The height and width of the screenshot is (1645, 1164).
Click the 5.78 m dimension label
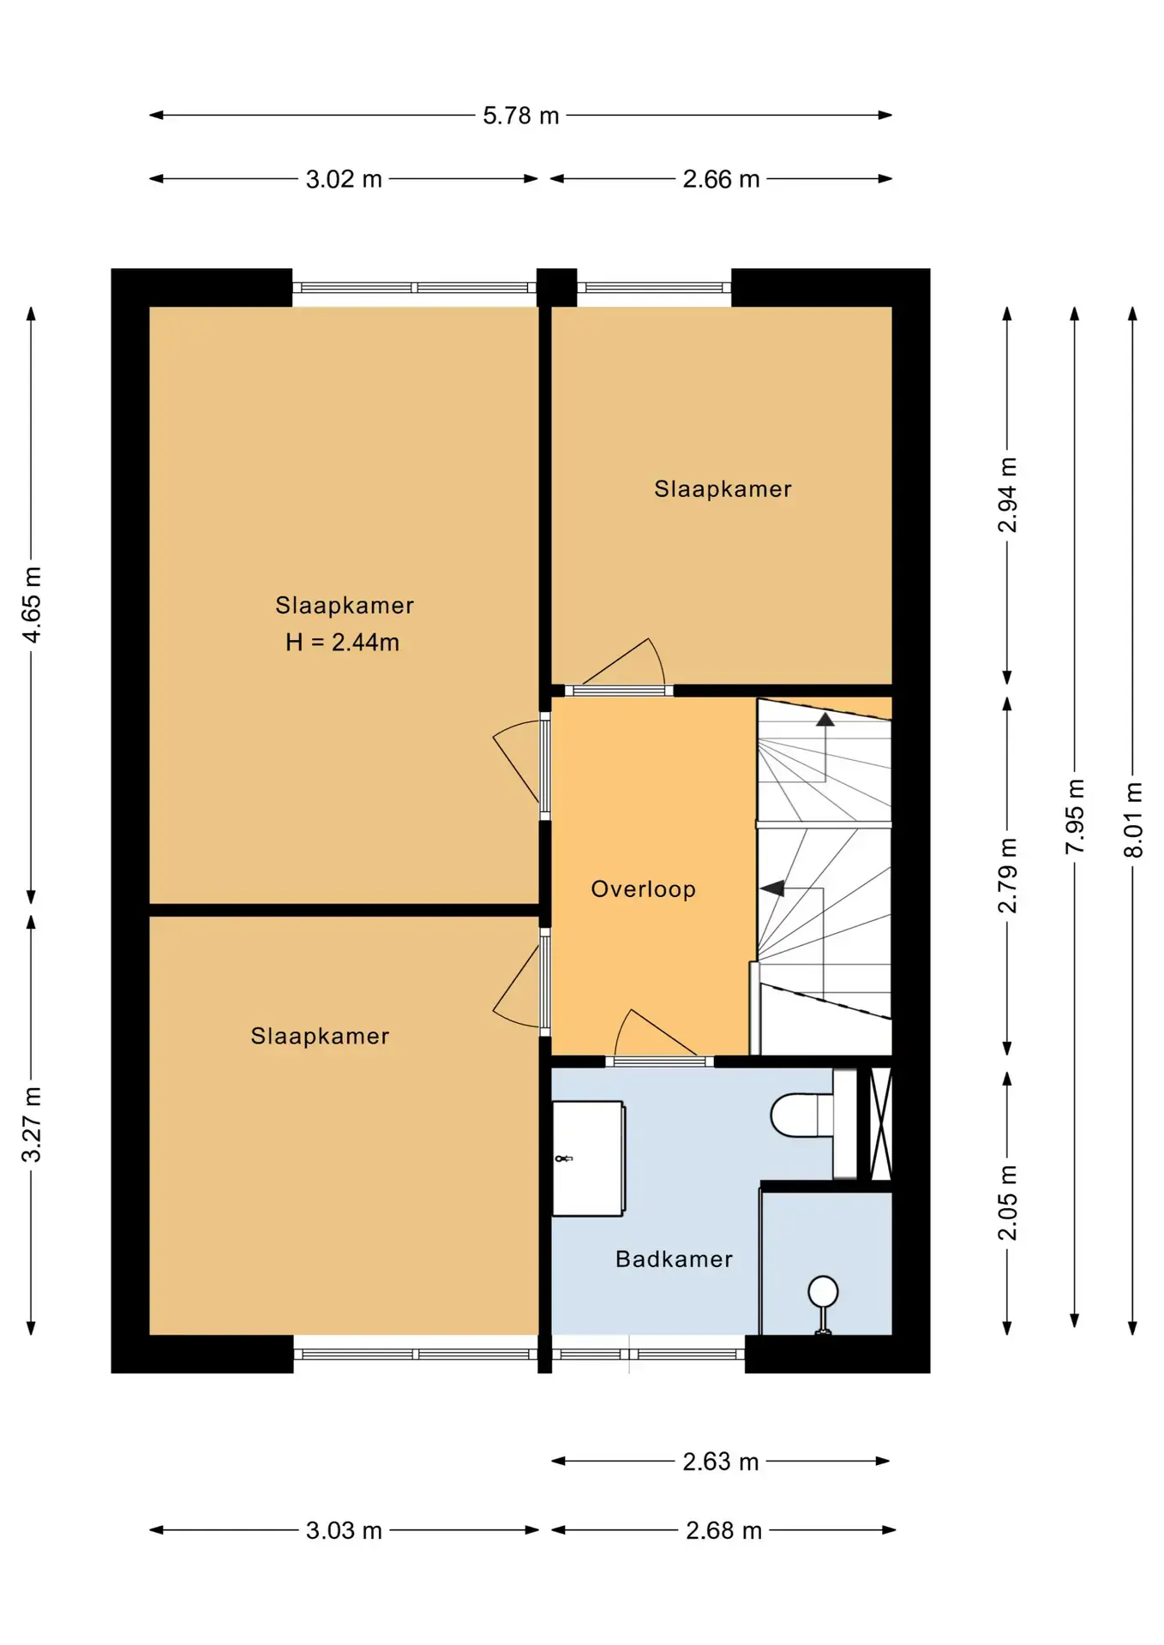pyautogui.click(x=520, y=116)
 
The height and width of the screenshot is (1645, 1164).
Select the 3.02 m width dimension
pyautogui.click(x=344, y=179)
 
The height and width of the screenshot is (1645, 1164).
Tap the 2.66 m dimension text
pyautogui.click(x=721, y=179)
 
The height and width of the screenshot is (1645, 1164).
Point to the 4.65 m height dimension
pyautogui.click(x=32, y=604)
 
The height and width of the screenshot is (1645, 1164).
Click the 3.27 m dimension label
pyautogui.click(x=32, y=1124)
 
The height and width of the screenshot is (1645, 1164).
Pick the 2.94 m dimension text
pyautogui.click(x=1007, y=494)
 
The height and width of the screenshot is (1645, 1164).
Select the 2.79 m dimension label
pyautogui.click(x=1007, y=875)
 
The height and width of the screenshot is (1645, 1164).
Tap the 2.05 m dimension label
pyautogui.click(x=1007, y=1202)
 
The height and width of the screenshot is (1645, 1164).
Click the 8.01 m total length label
pyautogui.click(x=1133, y=819)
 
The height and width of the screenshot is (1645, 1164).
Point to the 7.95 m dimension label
pyautogui.click(x=1075, y=816)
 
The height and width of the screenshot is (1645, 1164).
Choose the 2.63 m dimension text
pyautogui.click(x=721, y=1461)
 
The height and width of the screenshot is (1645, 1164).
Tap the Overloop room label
pyautogui.click(x=643, y=888)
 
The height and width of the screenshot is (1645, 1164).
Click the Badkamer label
pyautogui.click(x=674, y=1259)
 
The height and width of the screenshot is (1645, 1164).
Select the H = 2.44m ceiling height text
pyautogui.click(x=342, y=642)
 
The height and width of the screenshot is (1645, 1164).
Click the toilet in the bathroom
pyautogui.click(x=802, y=1115)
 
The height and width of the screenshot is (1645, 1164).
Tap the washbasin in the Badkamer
pyautogui.click(x=588, y=1158)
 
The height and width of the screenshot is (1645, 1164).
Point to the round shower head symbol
pyautogui.click(x=823, y=1291)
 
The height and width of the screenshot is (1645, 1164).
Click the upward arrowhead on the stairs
pyautogui.click(x=825, y=720)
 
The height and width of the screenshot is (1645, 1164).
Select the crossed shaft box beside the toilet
pyautogui.click(x=881, y=1123)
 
